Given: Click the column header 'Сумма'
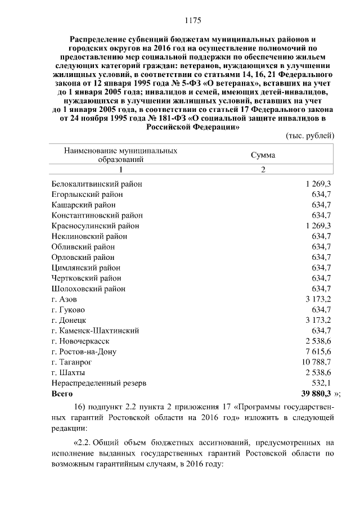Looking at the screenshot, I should click(263, 155).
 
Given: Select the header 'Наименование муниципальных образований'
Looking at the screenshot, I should click(121, 155).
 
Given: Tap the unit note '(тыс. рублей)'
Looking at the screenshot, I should click(310, 136).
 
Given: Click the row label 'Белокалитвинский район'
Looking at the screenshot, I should click(97, 184).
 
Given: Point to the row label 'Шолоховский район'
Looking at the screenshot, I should click(88, 289).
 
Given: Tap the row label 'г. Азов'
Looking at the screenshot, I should click(64, 299).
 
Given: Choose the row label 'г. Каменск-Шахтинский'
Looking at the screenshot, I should click(95, 331).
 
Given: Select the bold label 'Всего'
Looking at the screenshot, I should click(62, 394).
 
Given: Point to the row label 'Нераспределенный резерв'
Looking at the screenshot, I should click(99, 383).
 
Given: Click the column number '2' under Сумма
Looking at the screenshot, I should click(263, 170).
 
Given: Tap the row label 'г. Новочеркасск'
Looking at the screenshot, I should click(80, 341).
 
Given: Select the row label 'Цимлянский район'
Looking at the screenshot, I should click(86, 268).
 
